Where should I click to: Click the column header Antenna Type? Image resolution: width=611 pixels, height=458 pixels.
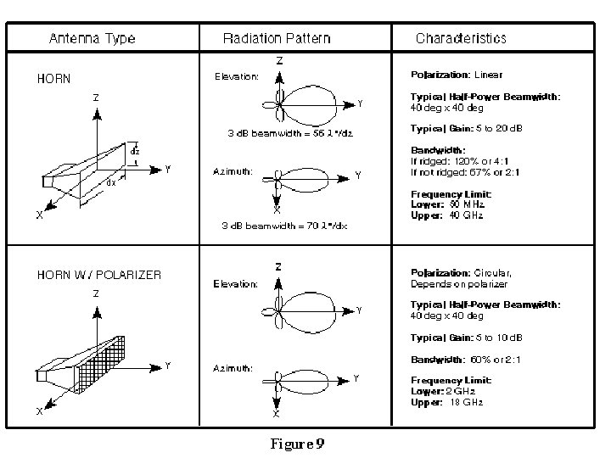click(x=92, y=38)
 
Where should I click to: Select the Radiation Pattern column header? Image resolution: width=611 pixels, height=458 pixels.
click(x=277, y=38)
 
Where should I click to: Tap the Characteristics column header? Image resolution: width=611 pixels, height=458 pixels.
click(x=461, y=38)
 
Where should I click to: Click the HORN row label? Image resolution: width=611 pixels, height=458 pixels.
click(x=53, y=79)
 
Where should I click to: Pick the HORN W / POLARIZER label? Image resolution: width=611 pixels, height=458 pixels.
click(x=98, y=275)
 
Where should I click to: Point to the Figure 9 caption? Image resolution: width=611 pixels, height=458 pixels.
click(x=298, y=444)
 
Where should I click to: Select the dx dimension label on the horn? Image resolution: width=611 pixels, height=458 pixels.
click(x=110, y=182)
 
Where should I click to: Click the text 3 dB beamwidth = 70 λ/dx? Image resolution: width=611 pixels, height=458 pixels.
click(x=284, y=226)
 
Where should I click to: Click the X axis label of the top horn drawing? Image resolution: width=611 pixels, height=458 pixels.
click(x=39, y=215)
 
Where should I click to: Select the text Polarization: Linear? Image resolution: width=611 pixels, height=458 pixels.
click(x=457, y=75)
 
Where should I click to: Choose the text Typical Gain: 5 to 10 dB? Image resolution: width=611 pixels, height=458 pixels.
click(x=467, y=338)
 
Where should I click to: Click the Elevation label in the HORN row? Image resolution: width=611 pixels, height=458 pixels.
click(x=236, y=77)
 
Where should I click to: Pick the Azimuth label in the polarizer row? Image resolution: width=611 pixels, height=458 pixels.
click(x=232, y=368)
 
